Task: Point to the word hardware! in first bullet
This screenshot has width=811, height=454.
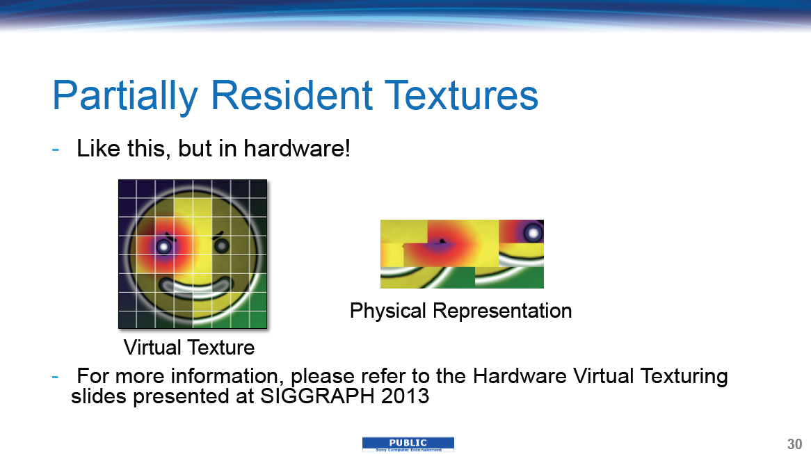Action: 297,148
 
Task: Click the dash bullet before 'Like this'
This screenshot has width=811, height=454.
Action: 56,150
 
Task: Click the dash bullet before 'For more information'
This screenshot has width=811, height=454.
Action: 56,377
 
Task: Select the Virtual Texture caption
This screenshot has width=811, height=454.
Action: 188,348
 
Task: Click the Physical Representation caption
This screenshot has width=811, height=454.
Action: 461,311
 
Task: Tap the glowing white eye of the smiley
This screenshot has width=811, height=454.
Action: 164,247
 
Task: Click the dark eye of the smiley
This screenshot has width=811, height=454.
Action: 221,245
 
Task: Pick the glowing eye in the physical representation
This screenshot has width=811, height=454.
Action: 533,233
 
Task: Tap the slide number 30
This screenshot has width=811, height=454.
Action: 794,444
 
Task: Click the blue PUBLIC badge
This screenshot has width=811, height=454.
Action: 408,444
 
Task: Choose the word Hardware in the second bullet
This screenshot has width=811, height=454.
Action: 520,376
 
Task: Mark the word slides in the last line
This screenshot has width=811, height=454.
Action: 99,396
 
